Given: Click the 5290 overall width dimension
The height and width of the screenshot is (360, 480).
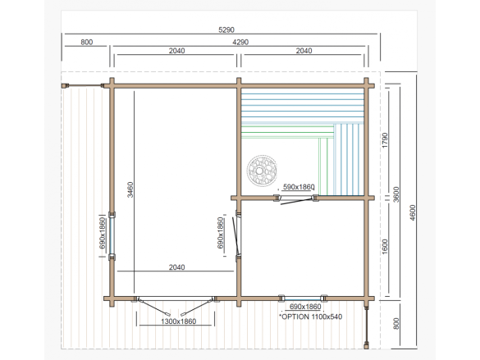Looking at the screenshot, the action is pos(226,30).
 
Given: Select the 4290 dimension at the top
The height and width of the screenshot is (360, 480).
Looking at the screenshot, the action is pos(240,42).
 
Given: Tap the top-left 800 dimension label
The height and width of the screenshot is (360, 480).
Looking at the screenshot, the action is pos(87,42).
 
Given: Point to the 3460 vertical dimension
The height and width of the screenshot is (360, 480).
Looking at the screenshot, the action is pos(130,189).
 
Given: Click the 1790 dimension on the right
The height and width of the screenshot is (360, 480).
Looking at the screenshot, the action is pos(385,140).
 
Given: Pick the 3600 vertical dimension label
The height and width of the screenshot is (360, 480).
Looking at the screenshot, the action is pos(396,194).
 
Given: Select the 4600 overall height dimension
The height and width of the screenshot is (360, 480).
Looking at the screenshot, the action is pos(413,212).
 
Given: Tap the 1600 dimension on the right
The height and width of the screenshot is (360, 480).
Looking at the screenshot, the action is pos(385,246).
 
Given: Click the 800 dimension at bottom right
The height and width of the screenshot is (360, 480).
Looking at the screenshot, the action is pos(396,324).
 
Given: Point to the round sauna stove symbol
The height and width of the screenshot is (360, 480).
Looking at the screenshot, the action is pos(262,171).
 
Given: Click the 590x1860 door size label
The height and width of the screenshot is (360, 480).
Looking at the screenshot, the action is pos(299,187).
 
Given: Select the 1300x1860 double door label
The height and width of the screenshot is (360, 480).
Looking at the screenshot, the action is pos(179,321).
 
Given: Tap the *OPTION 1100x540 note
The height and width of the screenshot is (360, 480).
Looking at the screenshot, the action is pos(310,317).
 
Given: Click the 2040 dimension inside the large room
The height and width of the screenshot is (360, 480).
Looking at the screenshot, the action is pos(177,267).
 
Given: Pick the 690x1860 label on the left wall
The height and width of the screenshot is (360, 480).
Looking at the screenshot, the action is pos(103,233).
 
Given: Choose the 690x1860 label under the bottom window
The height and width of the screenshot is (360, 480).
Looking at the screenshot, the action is pos(305,307).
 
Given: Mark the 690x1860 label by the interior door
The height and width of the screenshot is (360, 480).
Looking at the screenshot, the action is pos(221,233).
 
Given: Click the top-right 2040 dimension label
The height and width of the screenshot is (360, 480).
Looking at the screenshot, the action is pos(304,51).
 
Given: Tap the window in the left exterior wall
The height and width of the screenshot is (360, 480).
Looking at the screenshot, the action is pos(112,236).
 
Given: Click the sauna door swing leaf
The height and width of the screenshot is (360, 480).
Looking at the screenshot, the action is pos(296,202).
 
